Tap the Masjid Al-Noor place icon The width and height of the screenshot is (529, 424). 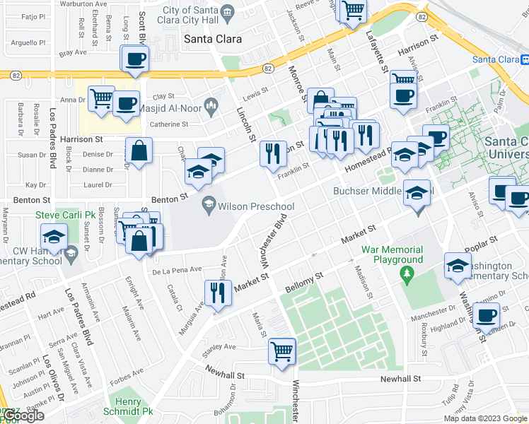[210, 106]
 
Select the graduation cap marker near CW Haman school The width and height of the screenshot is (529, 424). [53, 238]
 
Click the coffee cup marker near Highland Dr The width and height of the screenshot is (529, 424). [486, 316]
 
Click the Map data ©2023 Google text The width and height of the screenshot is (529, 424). [485, 418]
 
